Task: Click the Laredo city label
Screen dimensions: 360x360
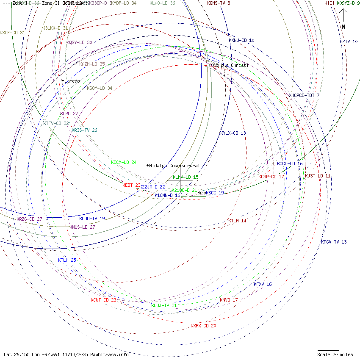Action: [72, 81]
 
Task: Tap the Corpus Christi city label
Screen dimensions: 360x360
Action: [230, 66]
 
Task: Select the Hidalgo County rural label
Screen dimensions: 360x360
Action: [174, 166]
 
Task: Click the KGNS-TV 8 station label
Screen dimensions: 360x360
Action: [219, 3]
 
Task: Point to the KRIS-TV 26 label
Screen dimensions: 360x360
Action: [84, 130]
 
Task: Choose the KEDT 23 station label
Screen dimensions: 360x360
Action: [131, 185]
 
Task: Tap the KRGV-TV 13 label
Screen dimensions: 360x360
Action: [334, 242]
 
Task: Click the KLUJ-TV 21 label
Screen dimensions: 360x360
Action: [164, 305]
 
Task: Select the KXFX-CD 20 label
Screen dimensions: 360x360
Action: [203, 326]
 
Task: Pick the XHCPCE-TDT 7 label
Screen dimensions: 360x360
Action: [304, 96]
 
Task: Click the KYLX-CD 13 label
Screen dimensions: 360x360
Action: [233, 133]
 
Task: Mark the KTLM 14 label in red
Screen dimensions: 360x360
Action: [237, 221]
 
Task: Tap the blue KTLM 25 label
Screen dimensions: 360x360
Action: [67, 260]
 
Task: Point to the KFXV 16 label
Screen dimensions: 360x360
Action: [263, 285]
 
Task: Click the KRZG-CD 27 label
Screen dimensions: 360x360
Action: [29, 219]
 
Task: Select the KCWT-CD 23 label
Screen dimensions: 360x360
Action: [103, 300]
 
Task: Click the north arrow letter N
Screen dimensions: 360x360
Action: [343, 27]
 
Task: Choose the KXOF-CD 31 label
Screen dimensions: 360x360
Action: [13, 33]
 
